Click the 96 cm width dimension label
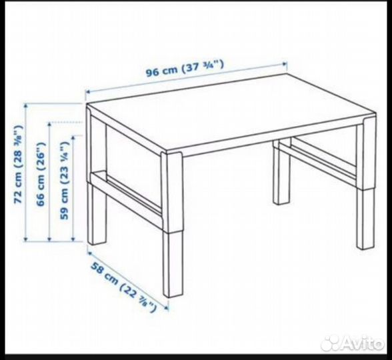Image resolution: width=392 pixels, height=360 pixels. pos(185,67)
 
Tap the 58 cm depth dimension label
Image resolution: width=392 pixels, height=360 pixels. pos(123,287)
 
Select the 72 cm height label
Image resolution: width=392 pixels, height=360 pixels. pos(18,164)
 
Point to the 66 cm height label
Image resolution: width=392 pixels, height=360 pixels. pos(41,174)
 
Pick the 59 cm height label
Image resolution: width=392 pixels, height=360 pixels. pos(64,181)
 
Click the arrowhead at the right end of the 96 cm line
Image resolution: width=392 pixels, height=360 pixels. pos(285,64)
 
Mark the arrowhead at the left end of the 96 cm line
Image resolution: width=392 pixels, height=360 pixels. pos(87,92)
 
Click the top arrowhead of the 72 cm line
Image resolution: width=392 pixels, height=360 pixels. pos(25,105)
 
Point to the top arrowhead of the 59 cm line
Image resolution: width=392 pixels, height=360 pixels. pos(73,137)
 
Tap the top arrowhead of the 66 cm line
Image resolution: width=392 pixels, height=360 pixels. pos(50,124)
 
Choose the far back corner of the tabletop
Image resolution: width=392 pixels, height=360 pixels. pos(287,74)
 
